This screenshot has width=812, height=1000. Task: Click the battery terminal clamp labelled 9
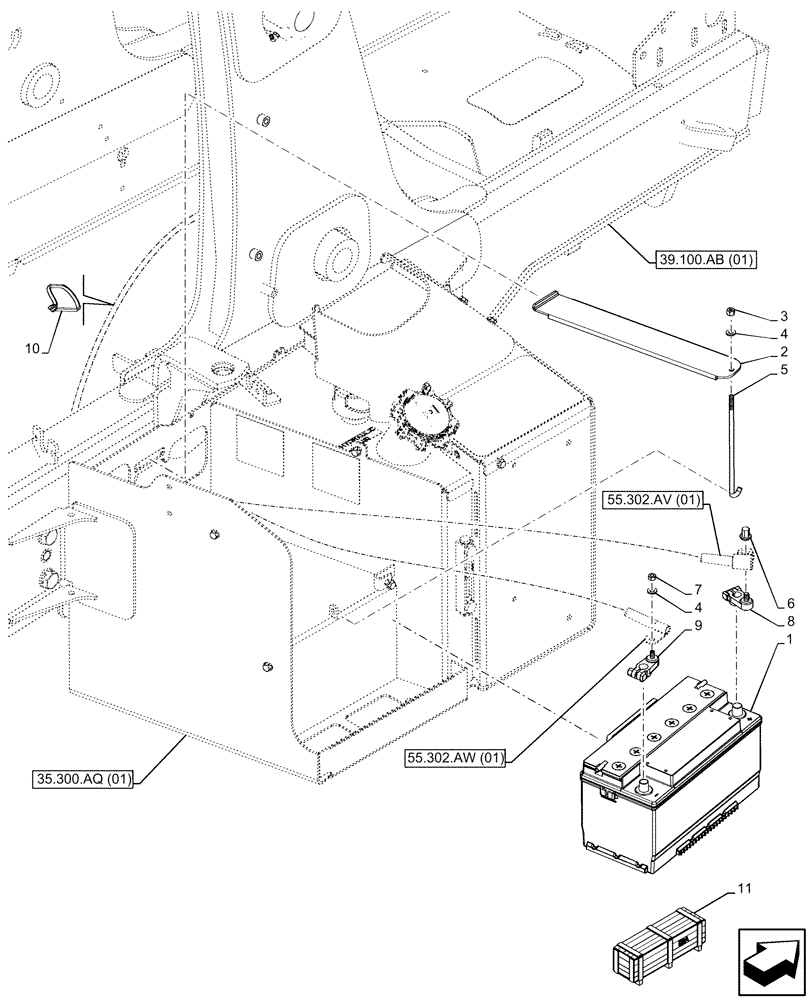(643, 673)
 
